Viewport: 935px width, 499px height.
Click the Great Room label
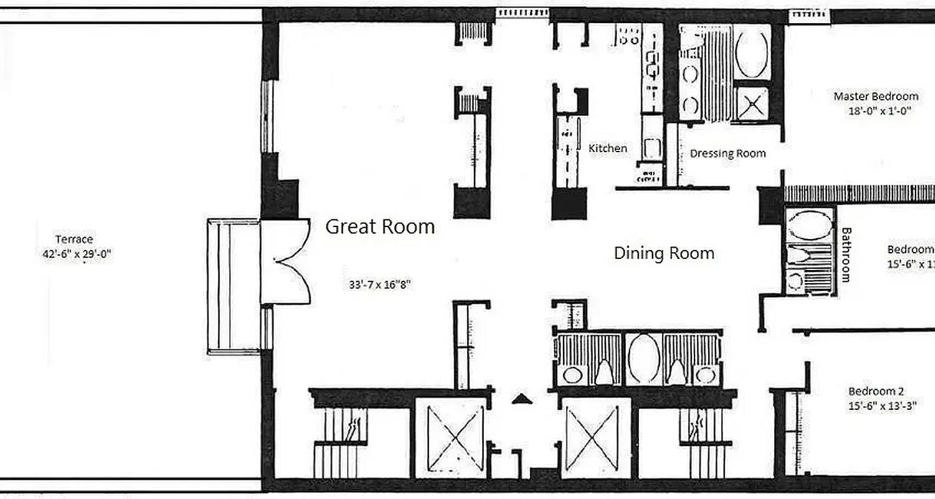(x=380, y=226)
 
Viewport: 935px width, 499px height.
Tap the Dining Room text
(x=664, y=253)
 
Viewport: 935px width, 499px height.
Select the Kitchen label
(x=608, y=148)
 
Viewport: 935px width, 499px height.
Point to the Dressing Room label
(x=727, y=153)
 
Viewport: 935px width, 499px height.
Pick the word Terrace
(x=74, y=239)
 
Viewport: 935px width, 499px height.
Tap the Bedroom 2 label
(x=876, y=391)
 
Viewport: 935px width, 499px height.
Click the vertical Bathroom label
(x=846, y=254)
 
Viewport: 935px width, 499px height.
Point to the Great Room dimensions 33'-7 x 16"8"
(x=380, y=284)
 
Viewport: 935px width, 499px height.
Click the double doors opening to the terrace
(x=285, y=262)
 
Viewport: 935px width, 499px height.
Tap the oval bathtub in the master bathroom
(x=752, y=52)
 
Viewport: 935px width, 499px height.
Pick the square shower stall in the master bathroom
(x=752, y=103)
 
